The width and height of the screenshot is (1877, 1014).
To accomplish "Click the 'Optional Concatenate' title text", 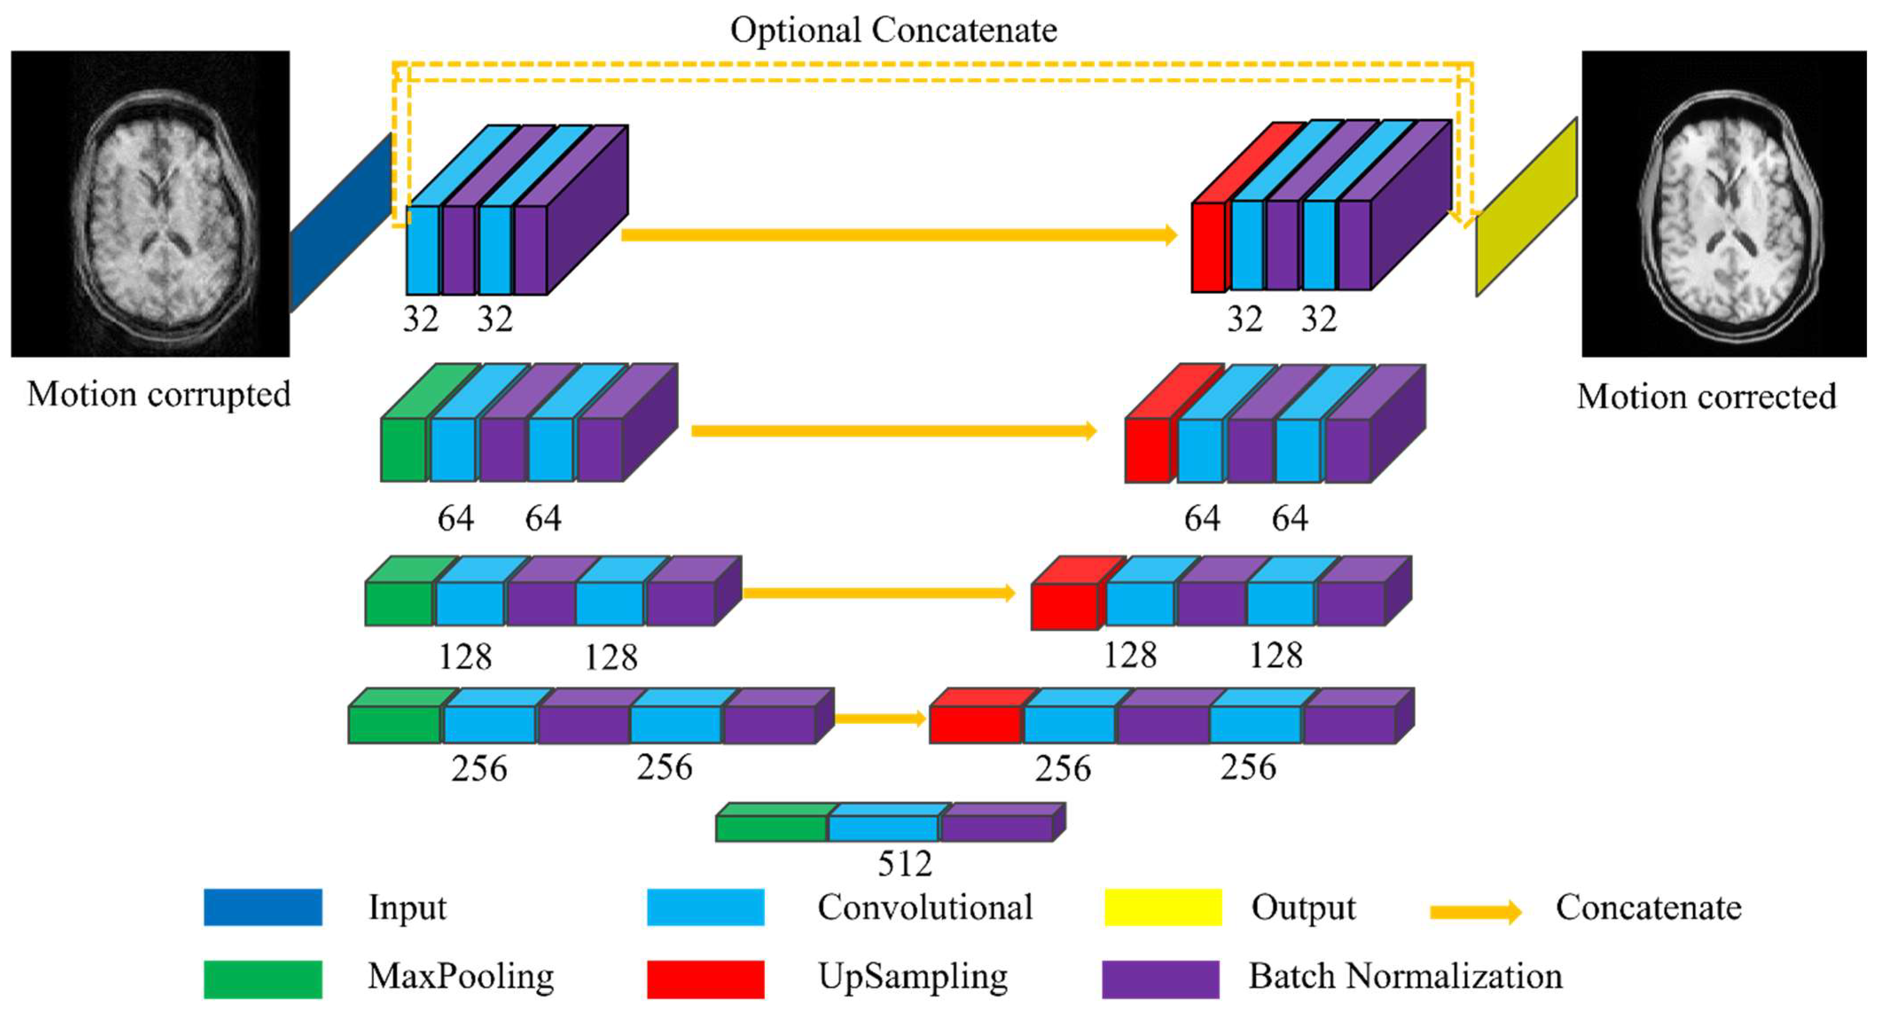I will (x=893, y=31).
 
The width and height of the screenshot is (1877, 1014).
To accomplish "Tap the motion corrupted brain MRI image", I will (x=150, y=204).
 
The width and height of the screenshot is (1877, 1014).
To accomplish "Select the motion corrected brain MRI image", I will (x=1724, y=204).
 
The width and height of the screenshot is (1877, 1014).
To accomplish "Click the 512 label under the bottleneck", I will (x=904, y=864).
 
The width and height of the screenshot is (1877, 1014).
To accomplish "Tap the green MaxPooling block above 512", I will (x=771, y=827).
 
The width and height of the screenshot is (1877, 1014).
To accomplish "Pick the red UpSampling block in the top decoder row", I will (x=1208, y=246).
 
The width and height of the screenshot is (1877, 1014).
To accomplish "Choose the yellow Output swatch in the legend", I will (x=1163, y=907).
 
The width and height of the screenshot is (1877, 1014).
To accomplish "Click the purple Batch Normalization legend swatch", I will (x=1160, y=978).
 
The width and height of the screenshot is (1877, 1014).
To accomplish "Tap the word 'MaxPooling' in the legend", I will (x=461, y=977).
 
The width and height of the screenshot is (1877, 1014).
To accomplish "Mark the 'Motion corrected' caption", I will (x=1706, y=397).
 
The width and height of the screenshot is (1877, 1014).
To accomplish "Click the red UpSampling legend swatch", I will (x=705, y=978).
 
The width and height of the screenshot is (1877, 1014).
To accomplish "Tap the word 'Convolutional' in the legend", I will (x=925, y=907).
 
